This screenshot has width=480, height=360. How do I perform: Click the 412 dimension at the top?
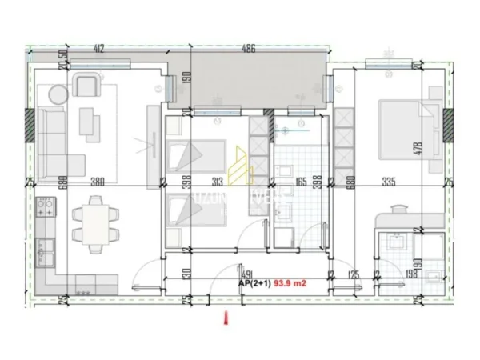100,50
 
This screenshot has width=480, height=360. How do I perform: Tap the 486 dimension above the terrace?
248,50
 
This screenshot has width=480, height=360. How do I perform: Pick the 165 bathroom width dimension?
301,181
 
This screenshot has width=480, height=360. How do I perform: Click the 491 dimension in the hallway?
247,272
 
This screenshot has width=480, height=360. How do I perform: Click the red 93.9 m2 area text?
292,282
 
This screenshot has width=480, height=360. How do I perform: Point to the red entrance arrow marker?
227,319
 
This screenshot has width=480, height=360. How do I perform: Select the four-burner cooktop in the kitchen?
46,211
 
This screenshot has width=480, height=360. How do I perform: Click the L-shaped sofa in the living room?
52,136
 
